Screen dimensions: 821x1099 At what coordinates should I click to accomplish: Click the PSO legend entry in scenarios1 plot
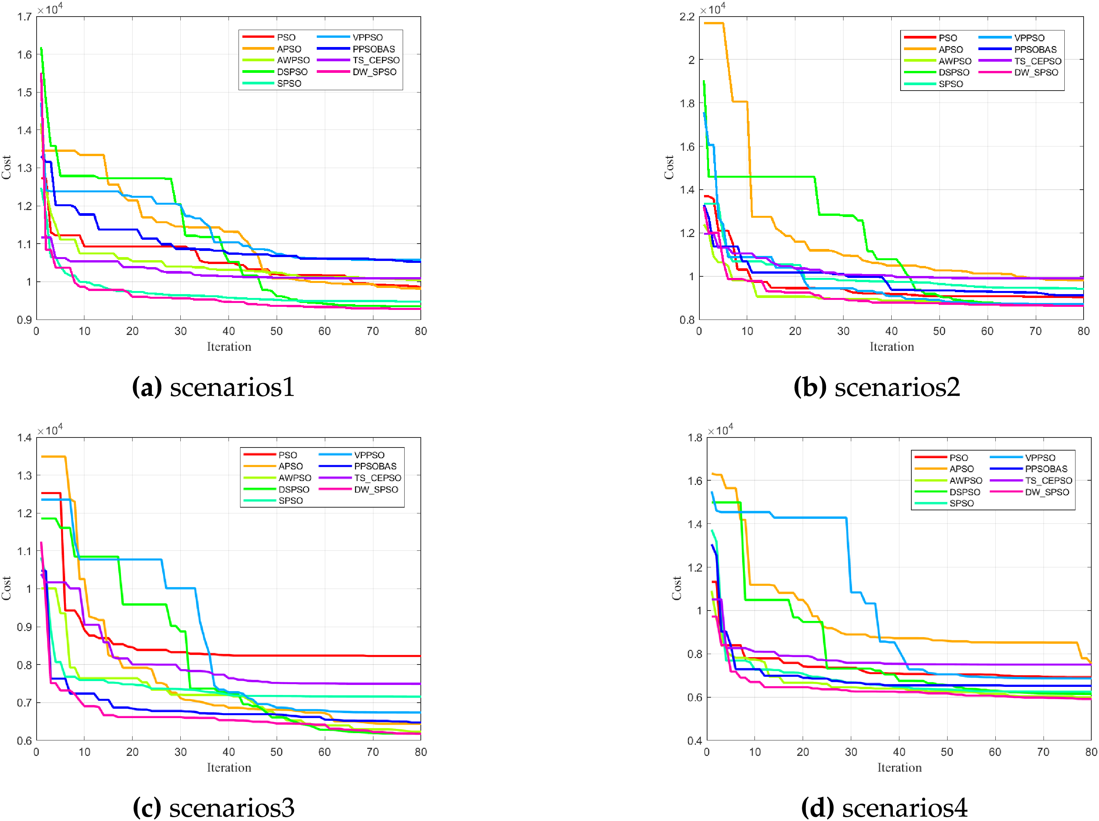[x=286, y=37]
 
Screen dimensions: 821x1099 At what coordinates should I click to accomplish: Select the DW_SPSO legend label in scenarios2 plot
[x=1036, y=72]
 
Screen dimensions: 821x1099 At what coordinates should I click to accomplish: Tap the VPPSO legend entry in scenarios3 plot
[x=369, y=455]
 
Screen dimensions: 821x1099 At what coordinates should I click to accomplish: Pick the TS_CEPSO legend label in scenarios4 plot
[x=1048, y=481]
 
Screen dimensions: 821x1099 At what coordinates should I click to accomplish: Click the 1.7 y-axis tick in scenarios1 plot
[x=24, y=17]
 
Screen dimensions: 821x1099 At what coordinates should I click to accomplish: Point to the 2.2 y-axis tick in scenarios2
[x=687, y=17]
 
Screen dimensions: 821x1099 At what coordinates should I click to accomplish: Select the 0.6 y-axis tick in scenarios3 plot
[x=24, y=740]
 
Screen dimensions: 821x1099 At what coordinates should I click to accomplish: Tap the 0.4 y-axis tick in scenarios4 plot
[x=694, y=740]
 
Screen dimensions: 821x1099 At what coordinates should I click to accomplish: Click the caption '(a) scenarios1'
[x=213, y=387]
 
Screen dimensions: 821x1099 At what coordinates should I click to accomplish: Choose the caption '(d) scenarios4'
[x=884, y=807]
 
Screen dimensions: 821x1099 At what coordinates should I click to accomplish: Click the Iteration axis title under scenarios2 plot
[x=891, y=347]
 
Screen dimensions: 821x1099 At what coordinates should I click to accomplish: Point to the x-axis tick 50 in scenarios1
[x=276, y=331]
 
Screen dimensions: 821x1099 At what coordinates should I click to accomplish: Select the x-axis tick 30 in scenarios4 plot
[x=850, y=752]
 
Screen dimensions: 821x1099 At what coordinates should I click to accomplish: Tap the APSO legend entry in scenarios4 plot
[x=961, y=469]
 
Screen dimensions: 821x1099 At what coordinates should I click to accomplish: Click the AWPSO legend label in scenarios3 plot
[x=295, y=478]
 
